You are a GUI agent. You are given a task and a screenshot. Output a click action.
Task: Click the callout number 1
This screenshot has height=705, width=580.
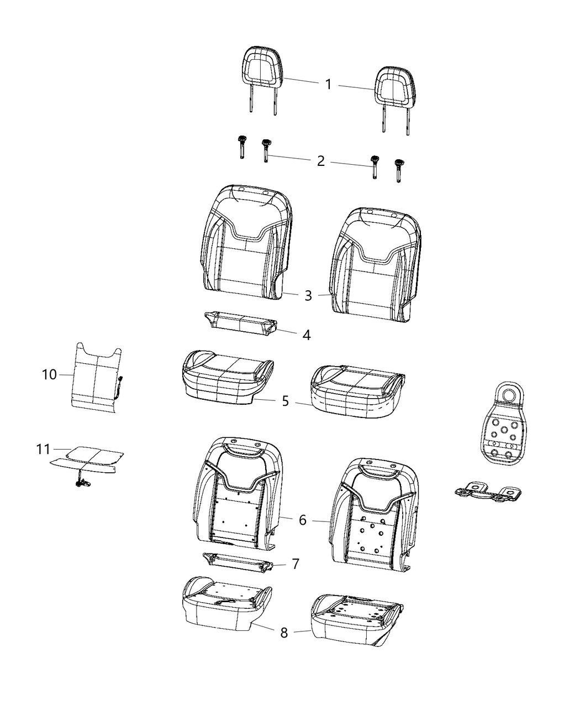pos(328,85)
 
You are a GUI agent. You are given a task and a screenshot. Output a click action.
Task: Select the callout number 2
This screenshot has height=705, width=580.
pos(321,161)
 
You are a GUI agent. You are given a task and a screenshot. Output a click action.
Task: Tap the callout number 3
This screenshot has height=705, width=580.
pos(308,296)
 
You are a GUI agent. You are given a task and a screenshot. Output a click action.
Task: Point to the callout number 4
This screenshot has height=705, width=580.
pos(306,335)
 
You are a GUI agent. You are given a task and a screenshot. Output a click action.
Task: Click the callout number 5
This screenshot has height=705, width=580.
pos(285,401)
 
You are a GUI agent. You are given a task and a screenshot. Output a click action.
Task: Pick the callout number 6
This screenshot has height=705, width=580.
pos(302,520)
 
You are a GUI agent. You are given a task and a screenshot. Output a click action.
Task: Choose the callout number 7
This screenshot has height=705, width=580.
pos(296,564)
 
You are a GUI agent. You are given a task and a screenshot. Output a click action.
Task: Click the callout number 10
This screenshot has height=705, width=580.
pos(49,375)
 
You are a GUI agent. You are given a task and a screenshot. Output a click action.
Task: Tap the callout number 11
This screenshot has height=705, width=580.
pos(43,450)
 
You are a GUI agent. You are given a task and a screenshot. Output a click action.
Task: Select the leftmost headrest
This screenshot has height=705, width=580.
pos(262,69)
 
